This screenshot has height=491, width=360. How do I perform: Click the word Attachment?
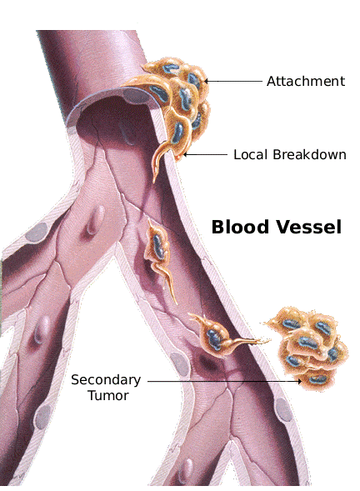306,81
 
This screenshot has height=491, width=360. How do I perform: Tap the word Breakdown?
309,154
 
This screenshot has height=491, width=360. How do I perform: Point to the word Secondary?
106,380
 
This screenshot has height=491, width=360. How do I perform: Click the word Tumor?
108,395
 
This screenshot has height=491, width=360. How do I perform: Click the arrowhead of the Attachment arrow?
207,81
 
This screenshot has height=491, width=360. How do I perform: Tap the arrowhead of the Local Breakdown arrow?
185,154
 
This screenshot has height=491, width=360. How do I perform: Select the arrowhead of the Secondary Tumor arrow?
299,382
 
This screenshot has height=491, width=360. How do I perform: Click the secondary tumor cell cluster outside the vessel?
308,348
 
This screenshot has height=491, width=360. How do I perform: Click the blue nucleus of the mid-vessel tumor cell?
158,246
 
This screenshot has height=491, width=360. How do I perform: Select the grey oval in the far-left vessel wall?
37,233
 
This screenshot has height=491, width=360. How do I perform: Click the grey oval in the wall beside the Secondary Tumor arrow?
180,364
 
